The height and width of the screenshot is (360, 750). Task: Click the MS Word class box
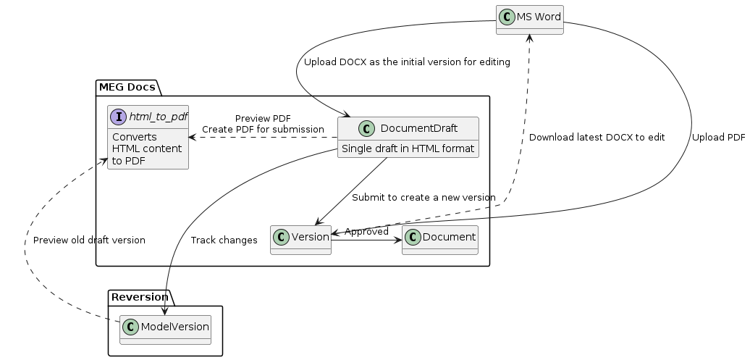coord(529,20)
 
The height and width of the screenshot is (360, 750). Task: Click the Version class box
coord(300,240)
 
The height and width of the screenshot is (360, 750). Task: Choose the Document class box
coord(440,240)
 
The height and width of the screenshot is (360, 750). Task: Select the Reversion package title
coord(140,297)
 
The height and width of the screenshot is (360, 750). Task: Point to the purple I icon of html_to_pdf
coord(119,117)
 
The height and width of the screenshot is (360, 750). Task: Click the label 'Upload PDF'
coord(717,137)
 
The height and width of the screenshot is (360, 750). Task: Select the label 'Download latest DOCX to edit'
coord(597,137)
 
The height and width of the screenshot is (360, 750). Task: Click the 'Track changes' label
coord(224,240)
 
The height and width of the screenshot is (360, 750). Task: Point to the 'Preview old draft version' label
coord(89,240)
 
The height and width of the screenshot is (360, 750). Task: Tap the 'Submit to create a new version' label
coord(424,198)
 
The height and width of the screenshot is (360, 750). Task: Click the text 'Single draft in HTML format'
coord(408,149)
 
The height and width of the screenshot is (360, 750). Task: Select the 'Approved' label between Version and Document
coord(366,232)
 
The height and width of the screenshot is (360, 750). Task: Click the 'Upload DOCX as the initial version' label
coord(407,62)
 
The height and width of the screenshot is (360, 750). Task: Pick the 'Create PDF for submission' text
coord(263,129)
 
